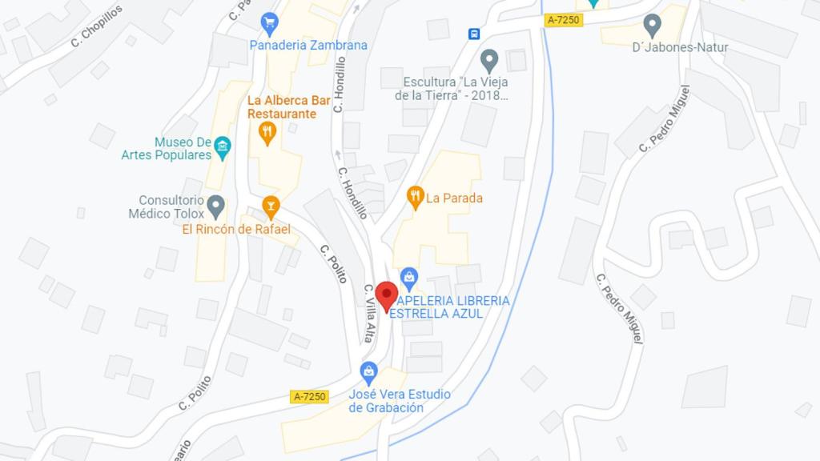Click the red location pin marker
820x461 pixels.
[387, 295]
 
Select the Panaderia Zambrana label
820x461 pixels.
[308, 46]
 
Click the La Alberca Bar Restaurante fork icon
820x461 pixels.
[267, 131]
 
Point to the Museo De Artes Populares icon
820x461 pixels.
[223, 146]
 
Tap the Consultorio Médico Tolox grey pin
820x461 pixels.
[215, 206]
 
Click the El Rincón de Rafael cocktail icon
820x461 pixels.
[271, 206]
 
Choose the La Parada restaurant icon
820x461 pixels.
[415, 196]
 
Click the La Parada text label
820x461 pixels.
[454, 198]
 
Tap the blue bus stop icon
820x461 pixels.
[474, 34]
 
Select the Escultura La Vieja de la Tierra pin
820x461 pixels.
[488, 59]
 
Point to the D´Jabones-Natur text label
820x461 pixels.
[680, 47]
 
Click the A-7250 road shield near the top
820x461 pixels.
[562, 20]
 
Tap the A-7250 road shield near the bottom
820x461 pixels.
[309, 396]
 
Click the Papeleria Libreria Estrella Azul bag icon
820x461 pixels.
[409, 278]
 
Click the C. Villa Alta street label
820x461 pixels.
[369, 313]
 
